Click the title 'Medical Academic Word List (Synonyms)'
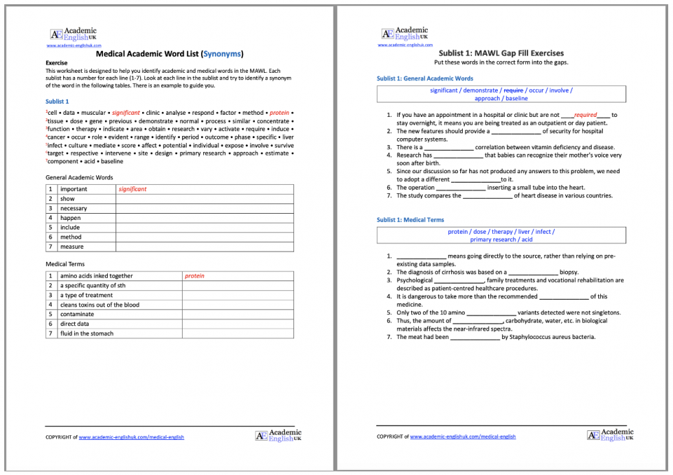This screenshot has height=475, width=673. point(169,54)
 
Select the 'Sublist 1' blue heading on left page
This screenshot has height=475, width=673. point(57,101)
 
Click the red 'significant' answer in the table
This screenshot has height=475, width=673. point(133,189)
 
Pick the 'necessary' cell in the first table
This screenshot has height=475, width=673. point(73,208)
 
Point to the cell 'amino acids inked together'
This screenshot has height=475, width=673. point(96,276)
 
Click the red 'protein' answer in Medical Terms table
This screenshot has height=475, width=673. point(194,276)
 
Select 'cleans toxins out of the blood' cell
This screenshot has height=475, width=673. point(100,305)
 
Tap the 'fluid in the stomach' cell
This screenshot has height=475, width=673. point(87,333)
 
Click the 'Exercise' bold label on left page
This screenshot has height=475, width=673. point(56,63)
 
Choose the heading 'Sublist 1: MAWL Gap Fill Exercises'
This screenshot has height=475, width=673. point(501,53)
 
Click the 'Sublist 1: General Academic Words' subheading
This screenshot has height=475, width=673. point(425,78)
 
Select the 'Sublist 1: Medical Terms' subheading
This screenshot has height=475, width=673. point(410,220)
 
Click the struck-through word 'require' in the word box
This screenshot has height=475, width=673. point(513,90)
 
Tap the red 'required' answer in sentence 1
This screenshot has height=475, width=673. point(585,115)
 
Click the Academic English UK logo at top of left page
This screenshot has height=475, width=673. point(73,34)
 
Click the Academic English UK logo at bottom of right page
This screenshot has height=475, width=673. point(611,435)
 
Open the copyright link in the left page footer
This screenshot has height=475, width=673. point(131,437)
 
